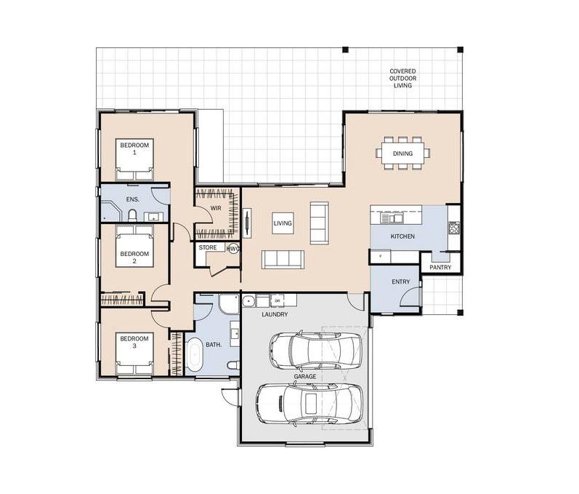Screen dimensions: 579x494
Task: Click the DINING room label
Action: coord(402,154)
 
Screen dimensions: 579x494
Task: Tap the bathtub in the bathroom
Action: coord(195,355)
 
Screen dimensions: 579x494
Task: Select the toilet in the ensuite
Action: coord(132,215)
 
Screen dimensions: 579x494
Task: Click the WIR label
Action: coord(216,208)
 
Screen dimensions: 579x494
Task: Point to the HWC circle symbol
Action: coord(234,249)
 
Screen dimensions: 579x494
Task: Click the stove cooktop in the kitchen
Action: coord(454,228)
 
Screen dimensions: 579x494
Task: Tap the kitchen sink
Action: coord(392,218)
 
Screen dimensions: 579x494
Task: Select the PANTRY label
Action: coord(440,267)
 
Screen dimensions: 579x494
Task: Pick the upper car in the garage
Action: coord(316,350)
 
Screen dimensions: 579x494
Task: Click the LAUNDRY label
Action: coord(275,314)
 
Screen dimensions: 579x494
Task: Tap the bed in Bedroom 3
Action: coord(134,354)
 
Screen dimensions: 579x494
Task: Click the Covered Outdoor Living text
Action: coord(402,78)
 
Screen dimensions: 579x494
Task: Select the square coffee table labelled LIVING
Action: coord(283,223)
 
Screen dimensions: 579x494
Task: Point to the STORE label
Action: coord(208,247)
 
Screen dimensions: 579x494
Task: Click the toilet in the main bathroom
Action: coord(233,366)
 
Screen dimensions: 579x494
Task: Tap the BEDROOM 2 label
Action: coord(134,258)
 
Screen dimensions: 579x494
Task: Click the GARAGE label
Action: coord(305,376)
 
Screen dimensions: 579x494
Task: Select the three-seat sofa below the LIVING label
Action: coord(283,260)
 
